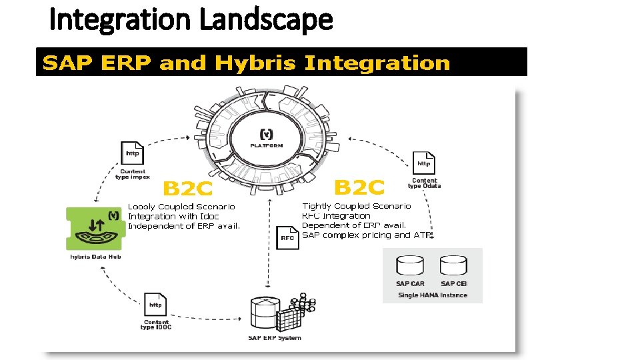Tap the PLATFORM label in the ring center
(266, 145)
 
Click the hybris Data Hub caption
(95, 257)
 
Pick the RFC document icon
(287, 237)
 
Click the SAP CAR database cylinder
(410, 266)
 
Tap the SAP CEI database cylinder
(453, 266)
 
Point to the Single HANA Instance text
(433, 295)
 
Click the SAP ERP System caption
(275, 337)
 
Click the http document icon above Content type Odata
(424, 163)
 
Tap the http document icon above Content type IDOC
(155, 305)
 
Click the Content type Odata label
(425, 183)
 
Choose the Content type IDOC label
(155, 325)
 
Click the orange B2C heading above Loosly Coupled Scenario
(188, 189)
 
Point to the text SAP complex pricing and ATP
(368, 235)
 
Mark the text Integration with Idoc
(173, 216)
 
